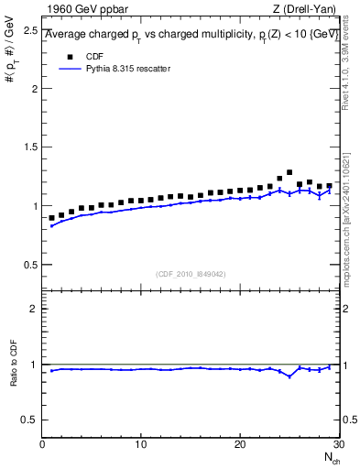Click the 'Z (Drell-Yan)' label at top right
coord(304,10)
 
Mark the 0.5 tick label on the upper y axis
coord(30,265)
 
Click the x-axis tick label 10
coord(141,444)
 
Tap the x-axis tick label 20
coord(240,444)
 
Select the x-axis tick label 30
coord(338,444)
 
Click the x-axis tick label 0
coord(43,444)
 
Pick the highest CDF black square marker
coord(289,172)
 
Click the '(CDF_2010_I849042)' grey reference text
coord(191,273)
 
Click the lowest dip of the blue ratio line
coord(289,376)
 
